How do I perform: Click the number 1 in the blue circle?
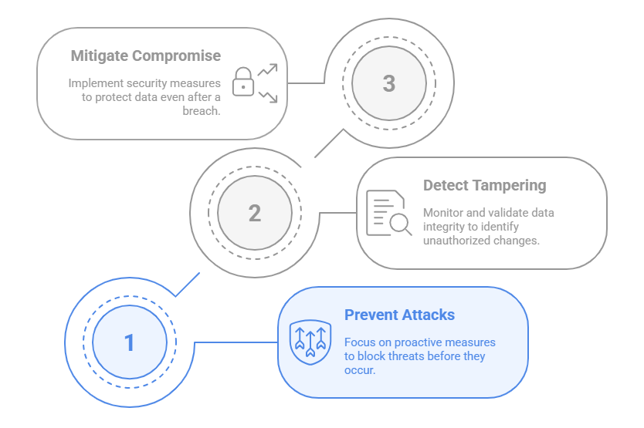click(130, 342)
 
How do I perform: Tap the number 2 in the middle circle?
click(255, 213)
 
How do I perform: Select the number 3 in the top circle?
click(389, 83)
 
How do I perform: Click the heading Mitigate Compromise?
click(146, 56)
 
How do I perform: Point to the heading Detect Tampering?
click(484, 185)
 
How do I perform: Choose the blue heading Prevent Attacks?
click(399, 315)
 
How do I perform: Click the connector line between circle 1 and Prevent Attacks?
click(236, 342)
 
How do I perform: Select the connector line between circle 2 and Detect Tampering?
click(337, 213)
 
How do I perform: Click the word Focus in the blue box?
click(359, 342)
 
